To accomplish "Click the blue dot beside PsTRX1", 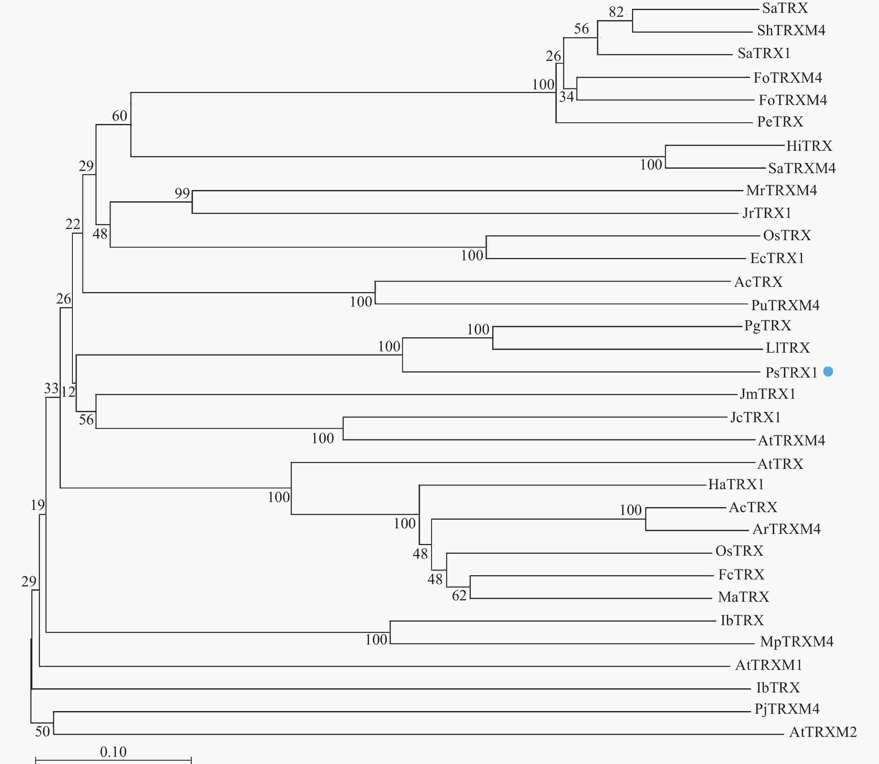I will (x=828, y=371).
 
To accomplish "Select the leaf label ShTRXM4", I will (x=791, y=30).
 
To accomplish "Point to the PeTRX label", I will (x=780, y=122).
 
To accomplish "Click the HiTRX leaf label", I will (x=809, y=146).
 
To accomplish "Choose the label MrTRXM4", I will (x=781, y=190).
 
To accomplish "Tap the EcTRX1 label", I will (x=777, y=258).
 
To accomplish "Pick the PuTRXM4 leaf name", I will (x=785, y=305).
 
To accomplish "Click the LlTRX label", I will (x=787, y=348).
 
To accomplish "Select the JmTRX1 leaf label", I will (x=767, y=394).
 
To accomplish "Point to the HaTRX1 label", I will (x=736, y=484).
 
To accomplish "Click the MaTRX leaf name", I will (x=743, y=597).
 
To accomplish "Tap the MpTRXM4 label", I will (x=796, y=642).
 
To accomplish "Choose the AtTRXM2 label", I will (x=823, y=732).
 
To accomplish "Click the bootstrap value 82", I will (x=616, y=12).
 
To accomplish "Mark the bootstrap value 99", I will (x=182, y=193).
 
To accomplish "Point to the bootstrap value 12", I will (x=68, y=391).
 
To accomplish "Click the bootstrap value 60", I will (x=120, y=116).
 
